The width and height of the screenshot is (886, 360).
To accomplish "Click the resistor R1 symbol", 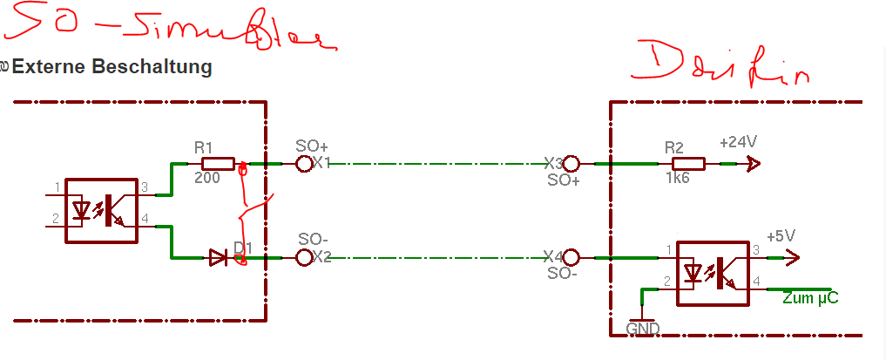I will pyautogui.click(x=218, y=163).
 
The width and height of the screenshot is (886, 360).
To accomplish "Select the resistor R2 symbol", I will pyautogui.click(x=688, y=163).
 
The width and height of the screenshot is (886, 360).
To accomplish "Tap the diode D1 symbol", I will pyautogui.click(x=219, y=258).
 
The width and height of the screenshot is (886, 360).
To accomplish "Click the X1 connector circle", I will pyautogui.click(x=304, y=163).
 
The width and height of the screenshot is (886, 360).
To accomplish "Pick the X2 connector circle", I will pyautogui.click(x=304, y=257).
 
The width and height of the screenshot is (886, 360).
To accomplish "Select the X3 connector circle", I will pyautogui.click(x=572, y=163).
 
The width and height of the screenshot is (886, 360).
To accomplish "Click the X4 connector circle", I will pyautogui.click(x=572, y=257).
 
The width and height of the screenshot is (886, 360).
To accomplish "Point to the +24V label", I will pyautogui.click(x=738, y=142).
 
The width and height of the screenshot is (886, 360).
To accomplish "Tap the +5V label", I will pyautogui.click(x=781, y=236).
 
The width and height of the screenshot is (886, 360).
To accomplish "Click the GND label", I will pyautogui.click(x=643, y=329).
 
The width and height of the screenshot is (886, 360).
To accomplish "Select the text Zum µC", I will pyautogui.click(x=810, y=298).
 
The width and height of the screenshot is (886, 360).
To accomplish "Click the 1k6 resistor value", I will pyautogui.click(x=677, y=178).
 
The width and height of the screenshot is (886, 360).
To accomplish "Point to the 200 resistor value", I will pyautogui.click(x=206, y=178).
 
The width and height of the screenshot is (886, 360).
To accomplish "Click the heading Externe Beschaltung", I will pyautogui.click(x=112, y=66).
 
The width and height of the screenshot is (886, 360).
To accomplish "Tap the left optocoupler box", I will pyautogui.click(x=102, y=211).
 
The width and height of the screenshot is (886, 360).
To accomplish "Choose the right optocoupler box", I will pyautogui.click(x=713, y=273).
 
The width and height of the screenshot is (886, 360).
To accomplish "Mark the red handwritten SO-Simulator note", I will pyautogui.click(x=166, y=30).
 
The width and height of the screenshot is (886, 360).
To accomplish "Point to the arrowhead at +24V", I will pyautogui.click(x=753, y=163).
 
